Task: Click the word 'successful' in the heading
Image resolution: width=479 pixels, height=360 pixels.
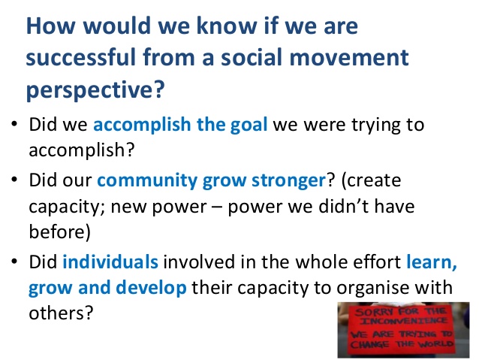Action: pyautogui.click(x=81, y=58)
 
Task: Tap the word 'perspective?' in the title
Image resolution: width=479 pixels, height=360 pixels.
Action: pyautogui.click(x=95, y=89)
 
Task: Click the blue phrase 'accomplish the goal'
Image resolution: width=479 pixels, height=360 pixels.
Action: pyautogui.click(x=180, y=125)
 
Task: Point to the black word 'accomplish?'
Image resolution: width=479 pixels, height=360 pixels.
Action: pyautogui.click(x=82, y=150)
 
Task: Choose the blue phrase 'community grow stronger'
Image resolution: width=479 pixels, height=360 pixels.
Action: pyautogui.click(x=212, y=180)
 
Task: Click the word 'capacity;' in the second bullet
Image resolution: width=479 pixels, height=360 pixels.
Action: pyautogui.click(x=68, y=207)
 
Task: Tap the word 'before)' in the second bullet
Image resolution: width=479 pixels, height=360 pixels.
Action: pyautogui.click(x=60, y=231)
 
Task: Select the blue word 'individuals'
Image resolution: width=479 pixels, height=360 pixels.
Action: pyautogui.click(x=110, y=262)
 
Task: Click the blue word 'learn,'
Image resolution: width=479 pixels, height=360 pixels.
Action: pyautogui.click(x=432, y=262)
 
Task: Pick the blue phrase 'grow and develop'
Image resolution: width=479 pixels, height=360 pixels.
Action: pyautogui.click(x=107, y=288)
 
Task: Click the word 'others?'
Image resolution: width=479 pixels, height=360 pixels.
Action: pyautogui.click(x=61, y=313)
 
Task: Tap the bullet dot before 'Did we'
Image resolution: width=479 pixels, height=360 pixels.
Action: pyautogui.click(x=14, y=124)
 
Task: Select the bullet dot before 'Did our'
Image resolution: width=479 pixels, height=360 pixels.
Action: pyautogui.click(x=14, y=180)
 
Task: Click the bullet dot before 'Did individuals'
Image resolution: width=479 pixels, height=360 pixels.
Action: pyautogui.click(x=14, y=262)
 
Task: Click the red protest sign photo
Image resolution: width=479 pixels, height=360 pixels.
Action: pyautogui.click(x=403, y=330)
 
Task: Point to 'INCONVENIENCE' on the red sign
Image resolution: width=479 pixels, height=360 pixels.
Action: pyautogui.click(x=403, y=321)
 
